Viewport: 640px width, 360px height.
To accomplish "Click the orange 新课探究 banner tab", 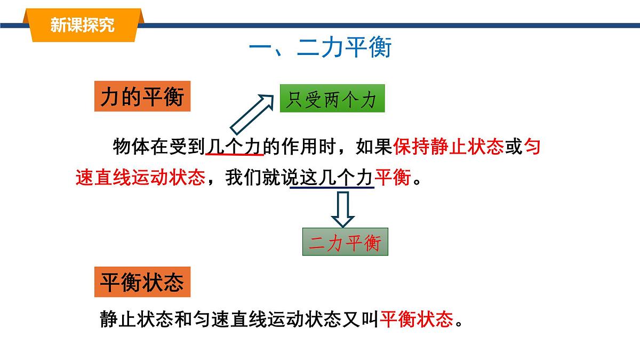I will coord(82,25).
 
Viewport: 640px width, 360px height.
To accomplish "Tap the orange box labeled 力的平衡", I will coord(142,97).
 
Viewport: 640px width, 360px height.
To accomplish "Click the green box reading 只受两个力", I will coord(332,99).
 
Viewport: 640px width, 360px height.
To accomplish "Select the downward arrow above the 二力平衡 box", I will coord(342,209).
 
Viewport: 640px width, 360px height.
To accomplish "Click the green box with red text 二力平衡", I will coord(345,243).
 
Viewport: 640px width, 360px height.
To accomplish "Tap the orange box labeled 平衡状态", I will coord(142,283).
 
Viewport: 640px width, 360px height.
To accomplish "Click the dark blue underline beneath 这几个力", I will coord(331,188).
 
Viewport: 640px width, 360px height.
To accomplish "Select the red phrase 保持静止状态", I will coord(449,146).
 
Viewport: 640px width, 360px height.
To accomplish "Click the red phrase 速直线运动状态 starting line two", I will coord(140,178).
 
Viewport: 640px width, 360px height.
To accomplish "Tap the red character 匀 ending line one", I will coord(532,146).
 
